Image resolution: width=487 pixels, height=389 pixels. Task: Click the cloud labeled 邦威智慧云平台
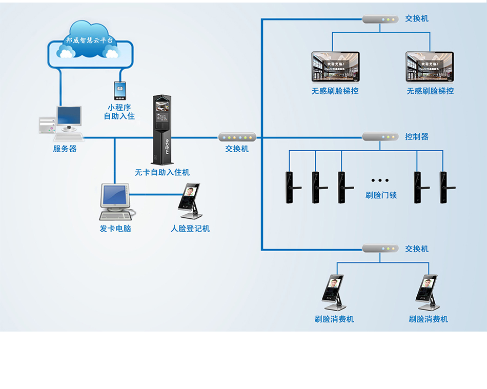pos(90,44)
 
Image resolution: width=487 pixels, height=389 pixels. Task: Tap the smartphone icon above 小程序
pos(120,91)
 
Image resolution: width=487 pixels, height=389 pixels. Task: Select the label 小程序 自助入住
pos(119,112)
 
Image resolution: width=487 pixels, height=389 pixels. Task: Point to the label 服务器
pos(65,149)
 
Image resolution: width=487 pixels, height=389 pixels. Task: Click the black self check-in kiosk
pos(163,130)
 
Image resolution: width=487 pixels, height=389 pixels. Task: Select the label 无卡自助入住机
pos(162,173)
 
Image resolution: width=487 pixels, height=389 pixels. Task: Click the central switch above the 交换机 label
pos(237,137)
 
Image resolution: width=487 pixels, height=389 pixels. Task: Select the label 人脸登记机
pos(190,229)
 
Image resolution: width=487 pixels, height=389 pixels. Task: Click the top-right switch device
pos(380,19)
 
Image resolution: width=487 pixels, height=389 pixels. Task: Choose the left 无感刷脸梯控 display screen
pos(335,67)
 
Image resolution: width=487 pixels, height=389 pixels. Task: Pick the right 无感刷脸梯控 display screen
pos(430,67)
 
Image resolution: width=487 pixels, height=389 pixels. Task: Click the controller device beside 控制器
pos(380,137)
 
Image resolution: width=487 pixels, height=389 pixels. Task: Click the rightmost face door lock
pos(444,187)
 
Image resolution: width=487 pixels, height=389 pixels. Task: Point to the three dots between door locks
pos(380,180)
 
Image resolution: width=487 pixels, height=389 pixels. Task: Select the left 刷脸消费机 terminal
pos(334,292)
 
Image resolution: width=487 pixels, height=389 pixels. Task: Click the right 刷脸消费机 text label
pos(428,319)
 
